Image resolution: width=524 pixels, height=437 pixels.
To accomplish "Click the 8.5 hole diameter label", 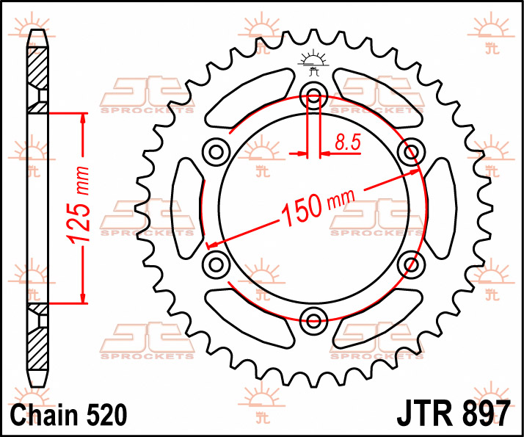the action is [x=348, y=142].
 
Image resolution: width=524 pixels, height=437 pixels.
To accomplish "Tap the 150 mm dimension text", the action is [x=318, y=207].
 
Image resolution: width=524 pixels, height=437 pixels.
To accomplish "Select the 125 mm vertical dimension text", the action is [x=79, y=205].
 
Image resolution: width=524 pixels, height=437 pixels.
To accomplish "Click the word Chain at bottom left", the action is [x=44, y=414].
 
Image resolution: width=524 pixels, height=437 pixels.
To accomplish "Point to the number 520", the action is [x=107, y=414].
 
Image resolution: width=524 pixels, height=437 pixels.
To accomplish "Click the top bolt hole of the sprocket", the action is [x=313, y=96].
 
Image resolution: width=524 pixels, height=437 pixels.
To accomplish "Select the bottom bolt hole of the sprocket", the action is [x=313, y=321].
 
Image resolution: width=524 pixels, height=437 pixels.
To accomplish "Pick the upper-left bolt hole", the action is [x=216, y=153].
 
